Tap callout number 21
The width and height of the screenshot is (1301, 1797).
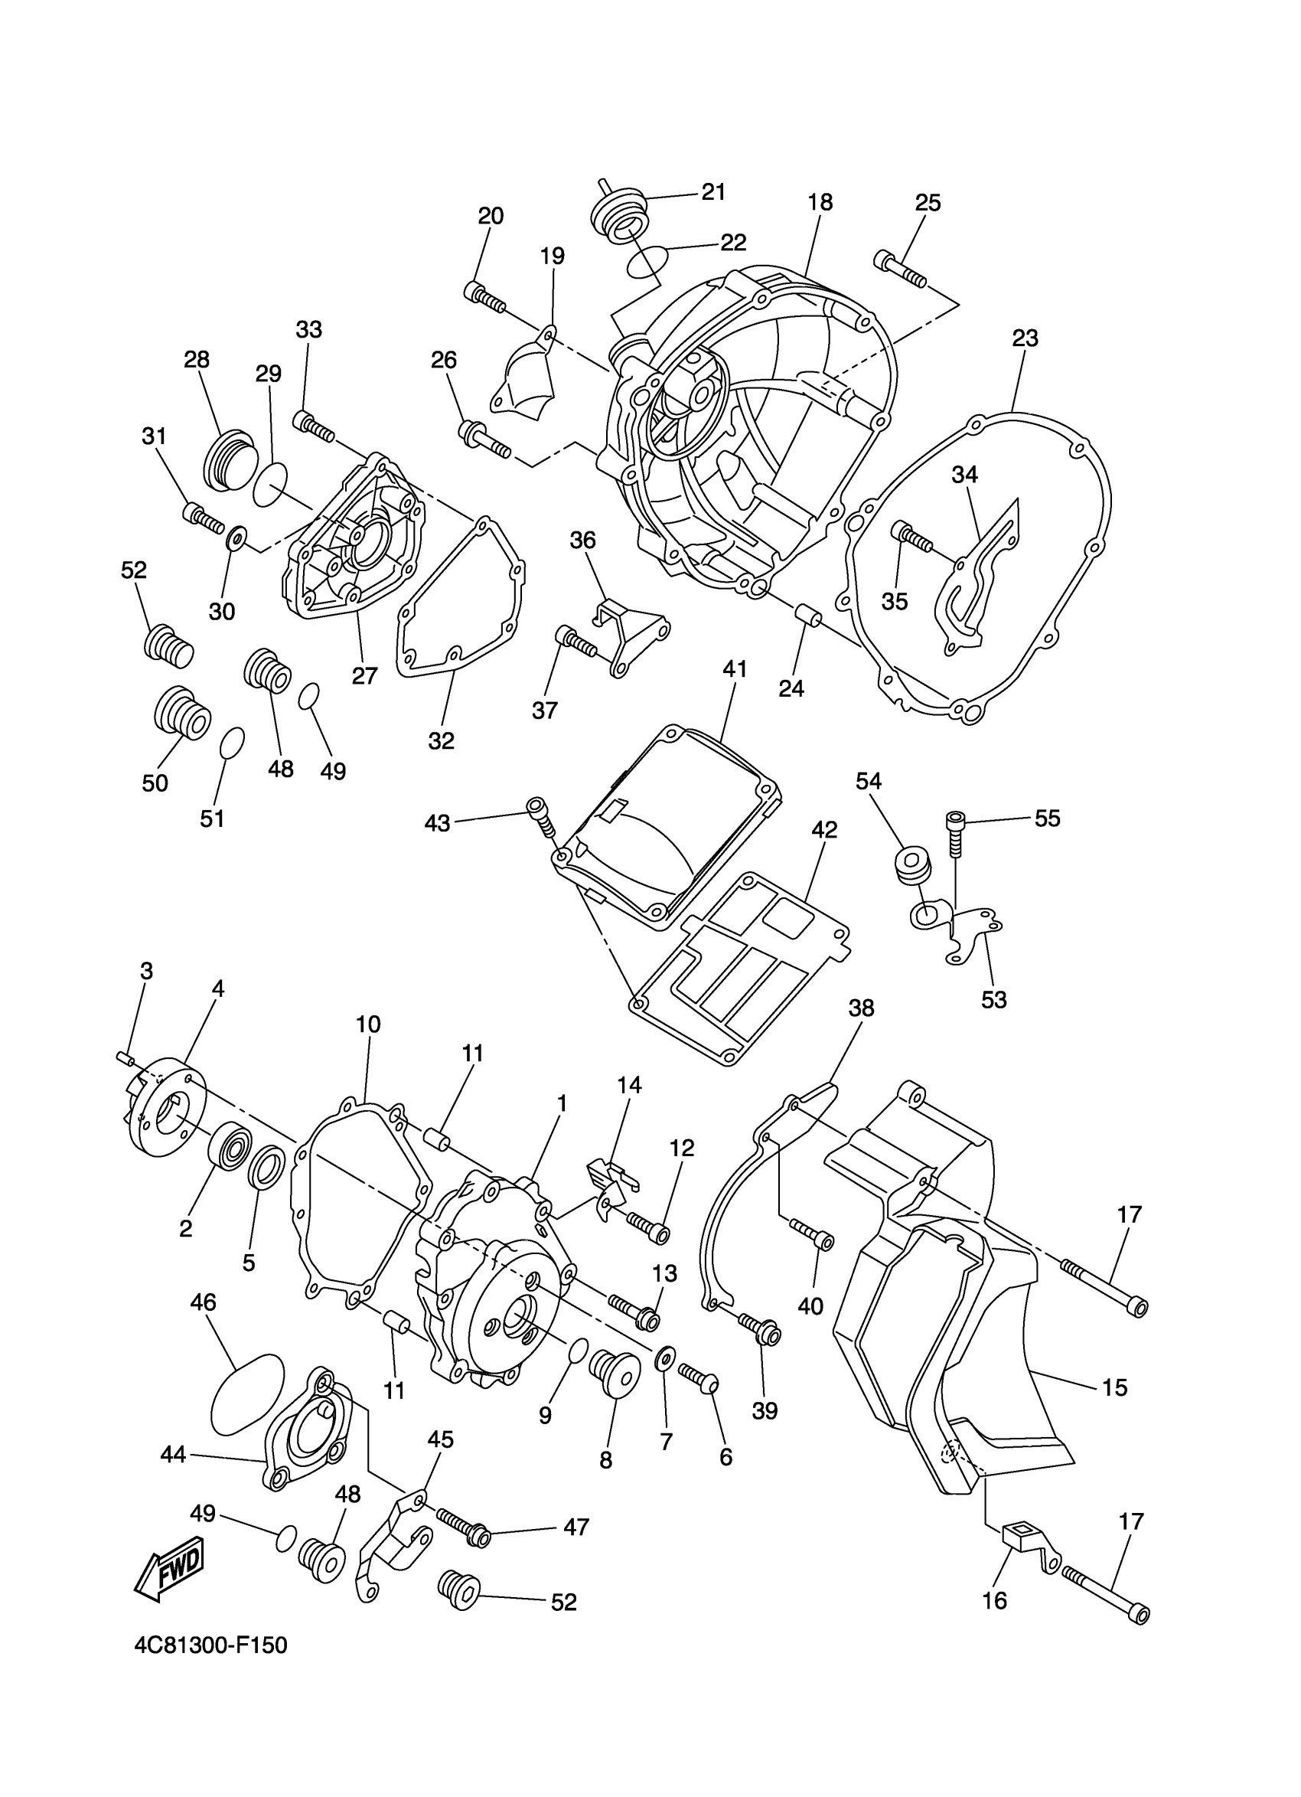(x=713, y=192)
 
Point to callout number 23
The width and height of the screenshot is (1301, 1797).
(x=1025, y=338)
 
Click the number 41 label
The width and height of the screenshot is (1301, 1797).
(x=734, y=669)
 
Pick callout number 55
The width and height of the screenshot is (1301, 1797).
(x=1047, y=818)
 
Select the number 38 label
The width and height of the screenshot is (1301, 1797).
(x=861, y=1008)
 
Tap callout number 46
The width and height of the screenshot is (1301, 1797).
(x=204, y=1302)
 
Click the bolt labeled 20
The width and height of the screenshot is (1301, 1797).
(x=484, y=296)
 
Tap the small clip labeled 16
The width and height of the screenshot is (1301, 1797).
(x=1025, y=1542)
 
